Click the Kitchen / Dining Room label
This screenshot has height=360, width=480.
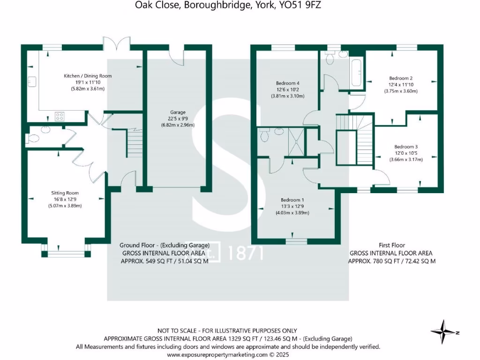88,75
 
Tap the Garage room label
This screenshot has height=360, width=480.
178,112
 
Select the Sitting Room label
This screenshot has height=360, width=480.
65,193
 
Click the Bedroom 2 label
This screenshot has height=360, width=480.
401,78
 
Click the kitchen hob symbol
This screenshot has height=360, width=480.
60,116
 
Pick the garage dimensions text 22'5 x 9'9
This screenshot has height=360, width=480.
178,119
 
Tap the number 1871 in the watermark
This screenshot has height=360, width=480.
245,253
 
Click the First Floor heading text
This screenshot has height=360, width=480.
392,245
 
